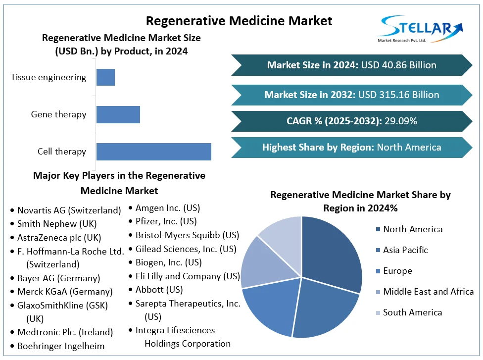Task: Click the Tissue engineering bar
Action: pyautogui.click(x=105, y=77)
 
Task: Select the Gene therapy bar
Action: pyautogui.click(x=118, y=114)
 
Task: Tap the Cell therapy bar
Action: pyautogui.click(x=153, y=152)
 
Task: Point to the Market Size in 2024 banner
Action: pyautogui.click(x=351, y=65)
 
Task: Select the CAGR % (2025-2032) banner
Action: pyautogui.click(x=351, y=121)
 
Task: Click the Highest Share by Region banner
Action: pyautogui.click(x=351, y=147)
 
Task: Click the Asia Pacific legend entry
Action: pyautogui.click(x=405, y=250)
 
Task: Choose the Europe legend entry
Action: pyautogui.click(x=397, y=271)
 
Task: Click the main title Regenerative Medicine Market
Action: pyautogui.click(x=239, y=21)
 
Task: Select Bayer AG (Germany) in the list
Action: pyautogui.click(x=58, y=278)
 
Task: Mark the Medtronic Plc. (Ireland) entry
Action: pyautogui.click(x=65, y=332)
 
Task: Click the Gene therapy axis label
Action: pyautogui.click(x=58, y=114)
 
